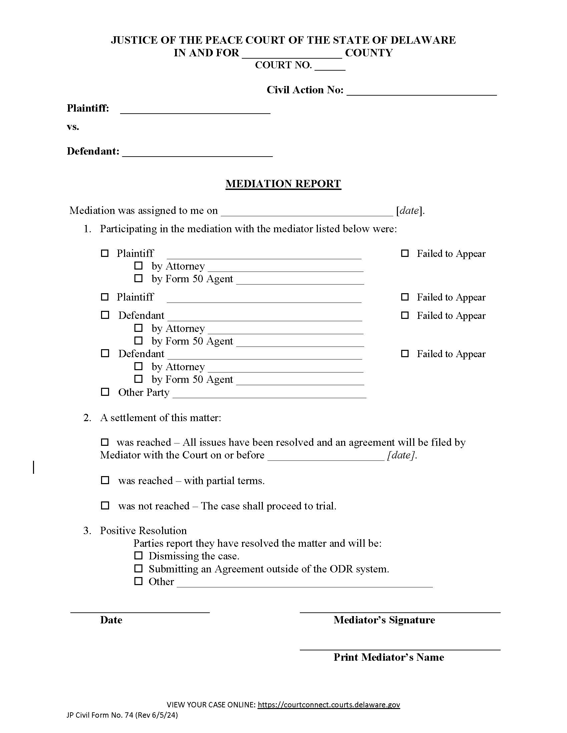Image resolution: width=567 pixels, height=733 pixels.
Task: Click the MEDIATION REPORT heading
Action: pyautogui.click(x=283, y=184)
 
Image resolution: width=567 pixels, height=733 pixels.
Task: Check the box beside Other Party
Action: pyautogui.click(x=105, y=392)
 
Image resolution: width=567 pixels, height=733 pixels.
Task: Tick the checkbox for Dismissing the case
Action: pyautogui.click(x=138, y=555)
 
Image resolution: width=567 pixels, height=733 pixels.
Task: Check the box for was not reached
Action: pyautogui.click(x=105, y=505)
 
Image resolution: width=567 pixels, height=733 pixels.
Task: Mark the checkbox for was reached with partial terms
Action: pyautogui.click(x=105, y=480)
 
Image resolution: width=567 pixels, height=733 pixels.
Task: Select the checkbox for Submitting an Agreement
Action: pyautogui.click(x=138, y=568)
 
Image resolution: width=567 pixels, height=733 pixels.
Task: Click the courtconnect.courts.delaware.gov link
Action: pyautogui.click(x=329, y=704)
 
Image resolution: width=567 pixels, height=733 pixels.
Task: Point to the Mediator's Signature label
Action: pyautogui.click(x=384, y=620)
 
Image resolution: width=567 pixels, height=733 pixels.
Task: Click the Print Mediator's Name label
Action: pyautogui.click(x=389, y=657)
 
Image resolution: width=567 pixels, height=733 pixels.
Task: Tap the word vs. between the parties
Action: pyautogui.click(x=73, y=127)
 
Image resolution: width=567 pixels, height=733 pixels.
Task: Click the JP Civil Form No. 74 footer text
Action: pyautogui.click(x=122, y=715)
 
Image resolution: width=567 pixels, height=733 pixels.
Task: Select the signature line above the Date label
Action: pyautogui.click(x=140, y=612)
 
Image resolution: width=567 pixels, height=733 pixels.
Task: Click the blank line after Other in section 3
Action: pyautogui.click(x=304, y=586)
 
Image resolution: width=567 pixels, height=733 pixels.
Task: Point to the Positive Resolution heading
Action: pyautogui.click(x=143, y=530)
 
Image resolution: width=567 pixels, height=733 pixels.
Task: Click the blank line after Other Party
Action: pyautogui.click(x=269, y=397)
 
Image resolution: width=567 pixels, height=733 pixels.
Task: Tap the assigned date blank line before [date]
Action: pyautogui.click(x=307, y=215)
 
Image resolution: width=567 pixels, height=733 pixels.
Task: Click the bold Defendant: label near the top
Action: pyautogui.click(x=93, y=151)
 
